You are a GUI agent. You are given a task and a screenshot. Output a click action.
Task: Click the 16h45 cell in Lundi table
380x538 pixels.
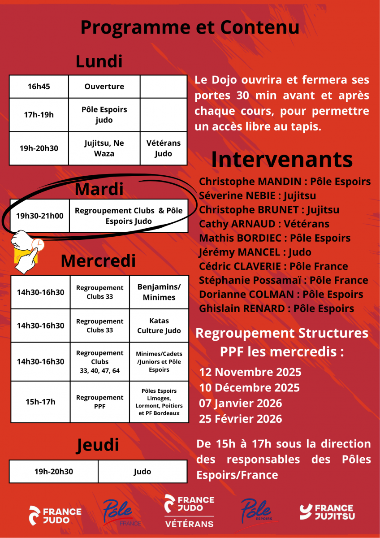click(x=39, y=87)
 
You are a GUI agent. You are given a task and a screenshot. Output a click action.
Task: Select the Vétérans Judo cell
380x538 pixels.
click(x=164, y=148)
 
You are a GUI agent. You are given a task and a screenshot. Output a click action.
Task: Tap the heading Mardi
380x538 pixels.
click(x=99, y=189)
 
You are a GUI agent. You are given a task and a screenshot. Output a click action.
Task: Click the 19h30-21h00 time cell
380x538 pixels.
click(x=39, y=216)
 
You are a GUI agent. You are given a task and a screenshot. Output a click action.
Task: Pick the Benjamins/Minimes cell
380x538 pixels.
click(x=159, y=292)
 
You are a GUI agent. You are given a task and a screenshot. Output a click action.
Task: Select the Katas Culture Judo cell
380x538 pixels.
click(x=159, y=326)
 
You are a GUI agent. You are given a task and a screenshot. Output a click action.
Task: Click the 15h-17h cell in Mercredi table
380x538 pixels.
click(x=40, y=402)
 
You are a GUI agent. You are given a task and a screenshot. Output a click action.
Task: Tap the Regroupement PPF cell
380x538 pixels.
click(x=99, y=402)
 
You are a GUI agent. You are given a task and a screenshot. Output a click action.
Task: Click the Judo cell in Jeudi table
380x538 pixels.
click(x=142, y=471)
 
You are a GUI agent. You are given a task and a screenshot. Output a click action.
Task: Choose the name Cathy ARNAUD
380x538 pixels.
click(x=264, y=224)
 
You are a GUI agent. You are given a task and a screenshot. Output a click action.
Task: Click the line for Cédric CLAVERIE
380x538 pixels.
click(x=273, y=266)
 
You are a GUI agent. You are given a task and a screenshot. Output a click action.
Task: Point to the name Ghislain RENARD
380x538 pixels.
click(x=276, y=308)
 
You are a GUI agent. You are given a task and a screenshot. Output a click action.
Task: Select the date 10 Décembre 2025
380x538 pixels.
click(x=250, y=388)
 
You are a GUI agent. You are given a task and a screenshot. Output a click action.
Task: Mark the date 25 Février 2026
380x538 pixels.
click(x=241, y=419)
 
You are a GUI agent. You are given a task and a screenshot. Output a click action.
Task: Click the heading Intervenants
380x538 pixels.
click(x=282, y=159)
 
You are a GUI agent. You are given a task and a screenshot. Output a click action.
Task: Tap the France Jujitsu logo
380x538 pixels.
click(x=327, y=512)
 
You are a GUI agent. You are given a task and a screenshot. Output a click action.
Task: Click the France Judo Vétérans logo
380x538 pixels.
click(x=189, y=511)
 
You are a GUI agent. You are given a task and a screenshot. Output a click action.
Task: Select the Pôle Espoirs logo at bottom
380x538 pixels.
click(x=256, y=511)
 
